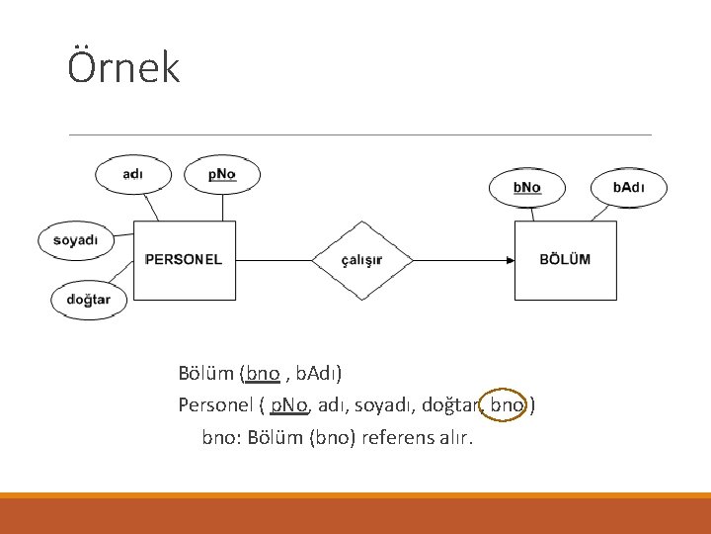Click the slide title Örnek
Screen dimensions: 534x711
(x=123, y=67)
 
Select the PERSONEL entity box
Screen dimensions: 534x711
(x=185, y=260)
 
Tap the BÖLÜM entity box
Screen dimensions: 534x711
(x=565, y=260)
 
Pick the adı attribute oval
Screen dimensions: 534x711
(x=132, y=174)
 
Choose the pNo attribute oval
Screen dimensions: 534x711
(x=222, y=174)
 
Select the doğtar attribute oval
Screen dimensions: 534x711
(x=89, y=299)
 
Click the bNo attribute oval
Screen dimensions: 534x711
(x=527, y=187)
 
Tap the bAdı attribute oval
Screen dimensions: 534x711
(x=629, y=187)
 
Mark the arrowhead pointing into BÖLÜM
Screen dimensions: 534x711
(x=510, y=260)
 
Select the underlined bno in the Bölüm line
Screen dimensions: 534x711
(x=263, y=373)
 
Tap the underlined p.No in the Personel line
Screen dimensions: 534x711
(x=289, y=404)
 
